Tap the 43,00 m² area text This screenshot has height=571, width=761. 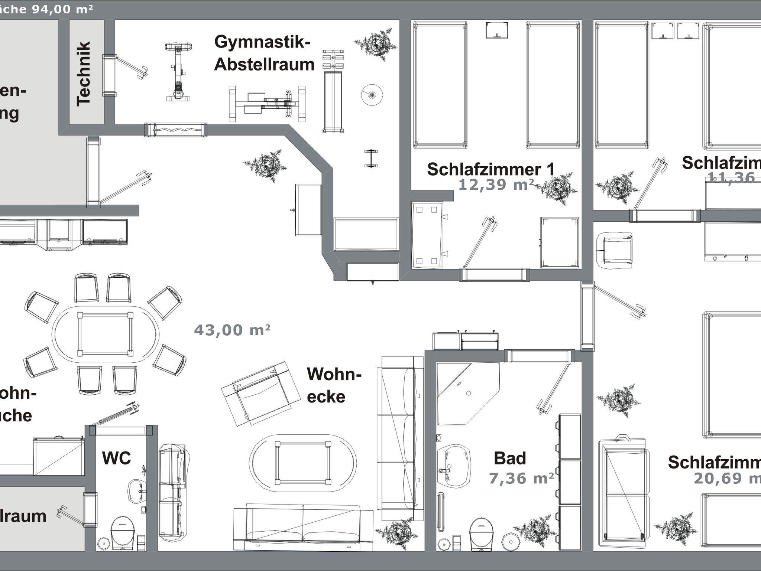click(232, 330)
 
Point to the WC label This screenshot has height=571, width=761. click(116, 458)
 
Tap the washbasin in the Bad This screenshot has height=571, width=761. click(454, 466)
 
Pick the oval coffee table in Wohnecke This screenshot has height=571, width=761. click(302, 463)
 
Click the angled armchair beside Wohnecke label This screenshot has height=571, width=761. click(260, 394)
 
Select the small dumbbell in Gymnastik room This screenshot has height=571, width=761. click(371, 159)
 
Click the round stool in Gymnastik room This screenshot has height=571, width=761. click(372, 95)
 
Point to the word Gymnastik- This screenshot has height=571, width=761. click(262, 42)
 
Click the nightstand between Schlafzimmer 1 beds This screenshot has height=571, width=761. click(497, 30)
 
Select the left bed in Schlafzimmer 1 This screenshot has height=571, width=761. click(440, 85)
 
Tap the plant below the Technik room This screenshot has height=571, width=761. click(265, 165)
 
